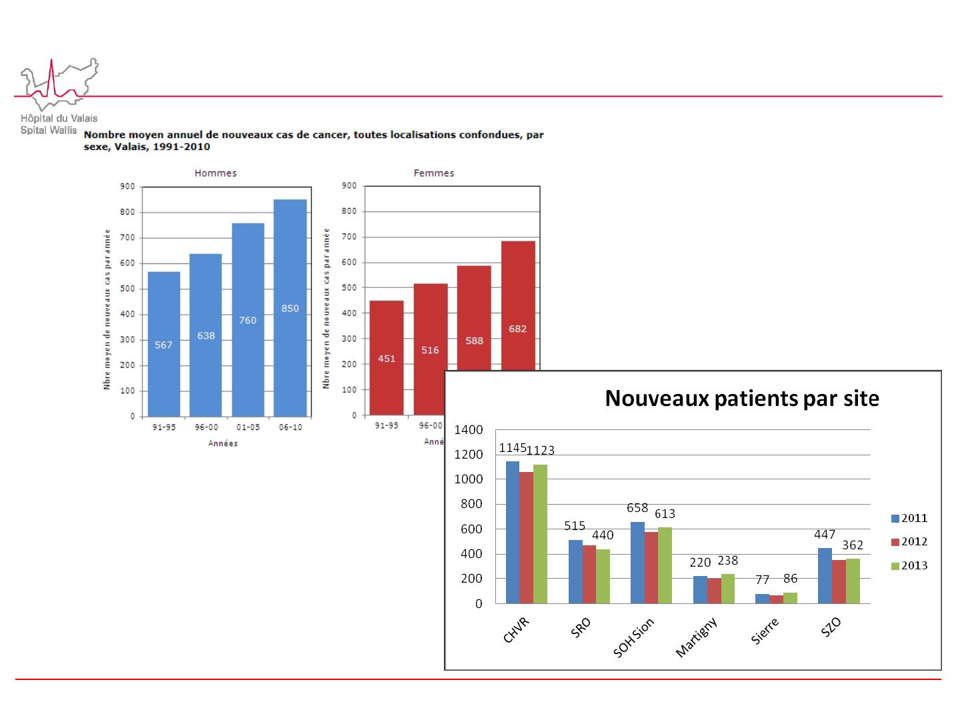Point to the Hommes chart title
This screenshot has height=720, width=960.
coord(215,173)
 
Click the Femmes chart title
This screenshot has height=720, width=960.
coord(434,173)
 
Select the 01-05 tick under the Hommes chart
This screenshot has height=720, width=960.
coord(247,427)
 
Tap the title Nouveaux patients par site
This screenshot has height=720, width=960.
coord(741,399)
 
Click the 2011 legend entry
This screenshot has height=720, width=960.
coord(909,519)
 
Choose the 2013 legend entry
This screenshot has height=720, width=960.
coord(909,566)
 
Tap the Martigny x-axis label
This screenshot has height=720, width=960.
coord(697,637)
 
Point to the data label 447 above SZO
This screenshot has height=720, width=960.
coord(825,535)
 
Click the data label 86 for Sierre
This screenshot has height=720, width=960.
coord(791,579)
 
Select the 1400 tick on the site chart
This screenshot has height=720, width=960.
coord(469,430)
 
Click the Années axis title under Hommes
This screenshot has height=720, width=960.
coord(223,443)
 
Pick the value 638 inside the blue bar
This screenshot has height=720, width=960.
coord(206,336)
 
